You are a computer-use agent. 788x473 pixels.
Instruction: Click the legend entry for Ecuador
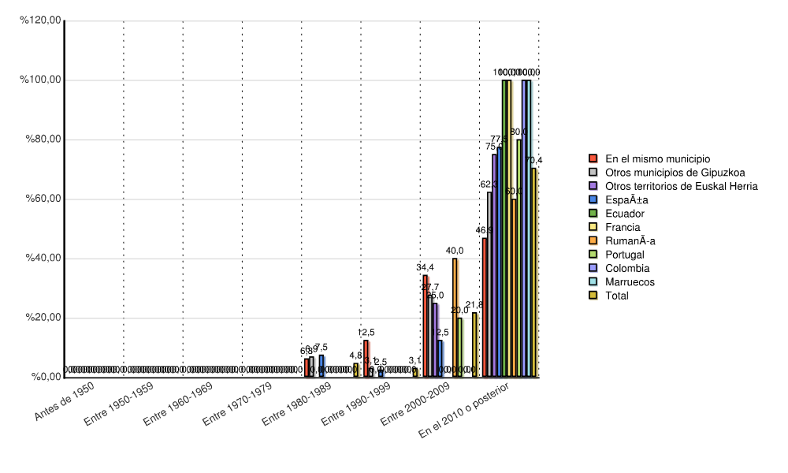(625, 214)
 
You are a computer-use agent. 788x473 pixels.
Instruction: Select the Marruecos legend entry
(630, 281)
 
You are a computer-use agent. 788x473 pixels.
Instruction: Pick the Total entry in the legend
(618, 296)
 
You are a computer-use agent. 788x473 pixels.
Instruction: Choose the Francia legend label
(623, 227)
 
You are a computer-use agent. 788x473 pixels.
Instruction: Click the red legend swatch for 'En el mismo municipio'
(593, 158)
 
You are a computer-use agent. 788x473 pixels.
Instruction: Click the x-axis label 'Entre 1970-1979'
(237, 404)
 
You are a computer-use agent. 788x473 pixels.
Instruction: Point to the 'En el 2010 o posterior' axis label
(466, 411)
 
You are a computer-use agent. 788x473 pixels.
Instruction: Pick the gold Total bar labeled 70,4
(533, 272)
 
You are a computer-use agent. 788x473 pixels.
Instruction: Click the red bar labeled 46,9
(485, 307)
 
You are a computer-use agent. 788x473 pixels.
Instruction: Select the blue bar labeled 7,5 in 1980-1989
(322, 366)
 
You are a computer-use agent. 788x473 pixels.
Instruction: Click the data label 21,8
(474, 304)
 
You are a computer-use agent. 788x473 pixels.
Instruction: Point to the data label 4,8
(355, 356)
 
